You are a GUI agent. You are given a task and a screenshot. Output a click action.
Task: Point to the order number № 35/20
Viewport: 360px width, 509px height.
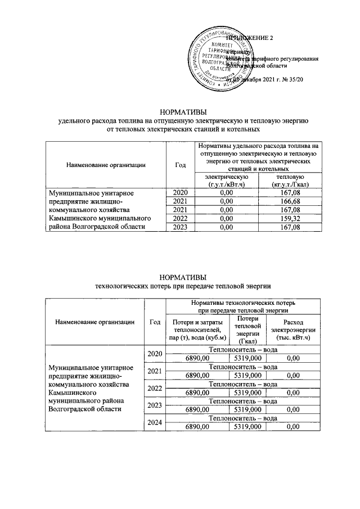coord(293,80)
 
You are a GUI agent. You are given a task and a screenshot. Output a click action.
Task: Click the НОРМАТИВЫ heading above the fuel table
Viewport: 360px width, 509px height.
coord(179,111)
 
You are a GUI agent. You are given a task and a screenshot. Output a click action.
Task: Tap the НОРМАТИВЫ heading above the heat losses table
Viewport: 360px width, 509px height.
coord(179,277)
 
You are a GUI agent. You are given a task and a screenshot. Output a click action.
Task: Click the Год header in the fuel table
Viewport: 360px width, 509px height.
coord(180,165)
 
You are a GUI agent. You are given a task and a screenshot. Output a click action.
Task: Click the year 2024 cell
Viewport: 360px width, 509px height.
coord(155,422)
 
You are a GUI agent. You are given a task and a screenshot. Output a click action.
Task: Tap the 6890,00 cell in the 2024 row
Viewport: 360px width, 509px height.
coord(197,427)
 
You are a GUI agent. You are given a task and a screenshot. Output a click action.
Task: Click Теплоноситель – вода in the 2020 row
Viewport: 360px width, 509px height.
coord(242,349)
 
